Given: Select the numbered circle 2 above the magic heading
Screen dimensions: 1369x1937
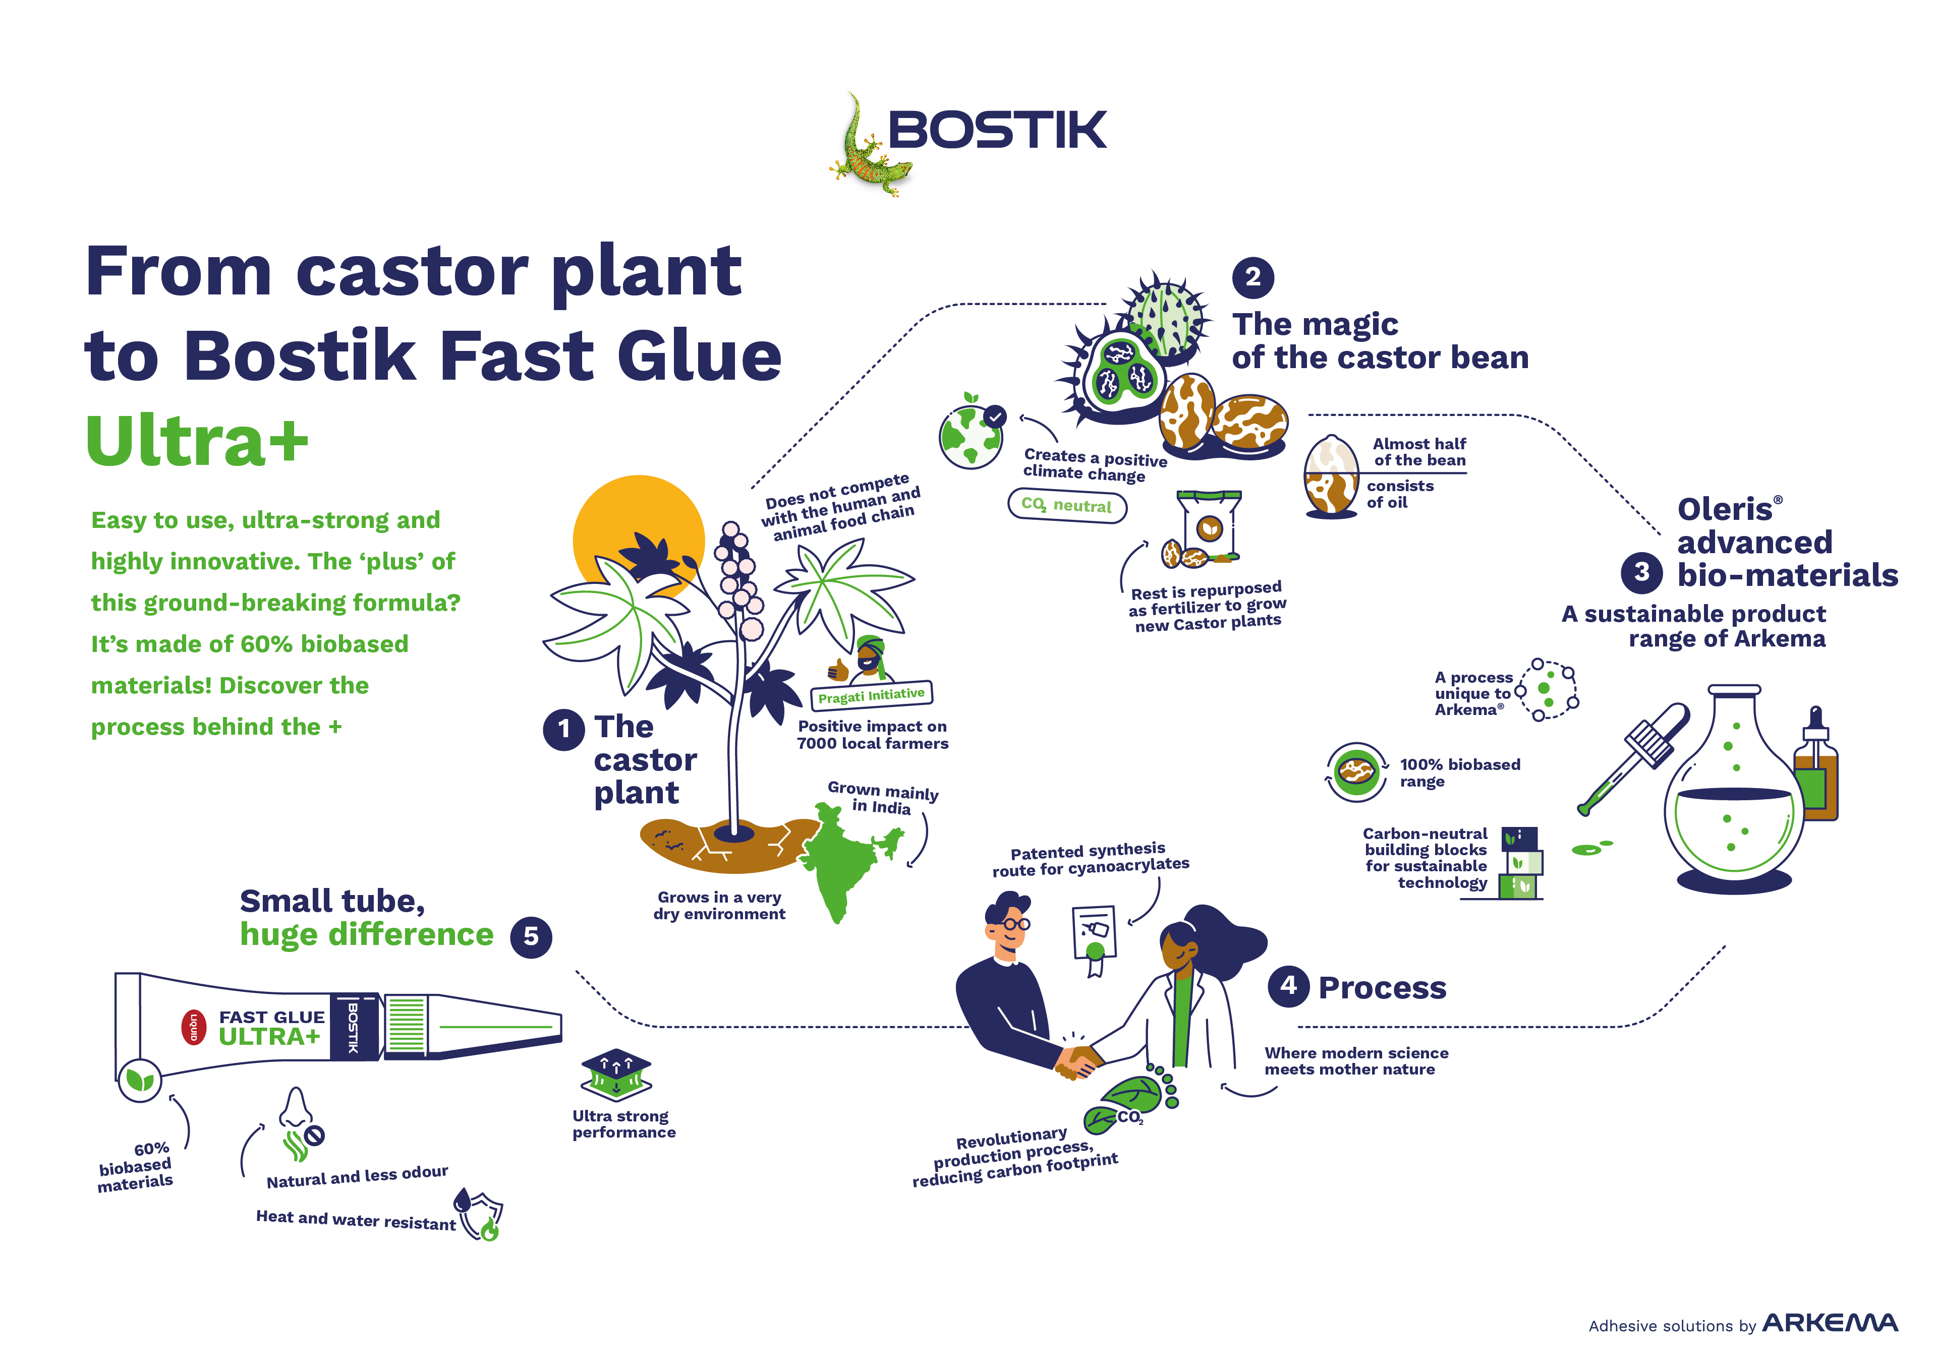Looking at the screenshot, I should (1253, 277).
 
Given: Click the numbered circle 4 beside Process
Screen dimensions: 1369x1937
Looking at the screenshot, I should (1288, 986).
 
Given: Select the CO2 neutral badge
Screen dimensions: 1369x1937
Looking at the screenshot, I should (1067, 505).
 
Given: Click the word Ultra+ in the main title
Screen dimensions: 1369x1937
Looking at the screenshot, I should (197, 440).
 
